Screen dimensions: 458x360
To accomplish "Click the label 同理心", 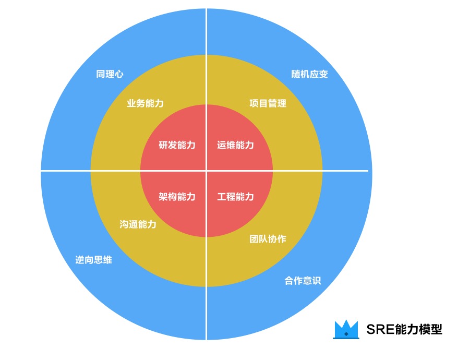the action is [110, 74].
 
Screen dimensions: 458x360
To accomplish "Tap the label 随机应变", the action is [309, 74].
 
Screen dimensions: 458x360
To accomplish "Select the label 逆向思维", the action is [93, 260].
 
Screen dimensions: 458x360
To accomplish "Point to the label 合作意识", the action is [303, 281].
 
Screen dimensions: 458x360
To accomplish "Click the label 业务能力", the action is [145, 103].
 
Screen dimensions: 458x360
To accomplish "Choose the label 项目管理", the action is [268, 103].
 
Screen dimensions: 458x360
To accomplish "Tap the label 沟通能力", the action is [138, 224].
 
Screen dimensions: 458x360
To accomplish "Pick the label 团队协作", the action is [268, 239].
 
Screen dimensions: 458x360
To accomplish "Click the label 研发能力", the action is [177, 145].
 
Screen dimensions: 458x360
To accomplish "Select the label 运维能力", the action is [235, 145].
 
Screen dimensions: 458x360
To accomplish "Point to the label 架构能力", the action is [177, 197].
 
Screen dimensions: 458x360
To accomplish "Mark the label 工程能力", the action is [235, 197].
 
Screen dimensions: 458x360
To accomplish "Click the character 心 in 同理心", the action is [119, 74].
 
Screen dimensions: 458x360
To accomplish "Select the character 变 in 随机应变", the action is [323, 74].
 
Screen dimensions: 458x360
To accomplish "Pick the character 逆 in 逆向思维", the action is [80, 260].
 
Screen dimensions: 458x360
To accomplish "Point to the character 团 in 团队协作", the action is [254, 239].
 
